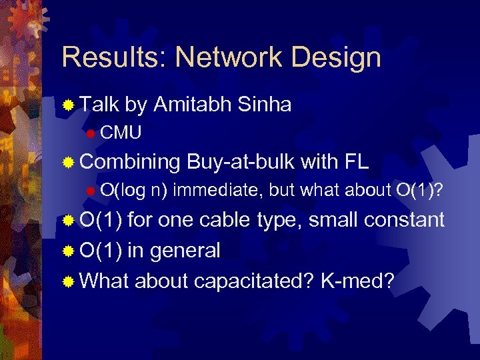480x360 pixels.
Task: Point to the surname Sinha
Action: coord(266,104)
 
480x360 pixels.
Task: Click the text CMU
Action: coord(121,133)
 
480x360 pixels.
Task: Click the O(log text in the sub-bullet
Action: coord(122,189)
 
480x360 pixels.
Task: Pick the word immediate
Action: coord(219,189)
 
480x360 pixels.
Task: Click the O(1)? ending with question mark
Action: coord(420,189)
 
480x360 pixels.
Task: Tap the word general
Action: coord(183,251)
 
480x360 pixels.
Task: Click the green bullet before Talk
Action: coord(68,105)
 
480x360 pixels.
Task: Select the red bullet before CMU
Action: coord(91,133)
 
